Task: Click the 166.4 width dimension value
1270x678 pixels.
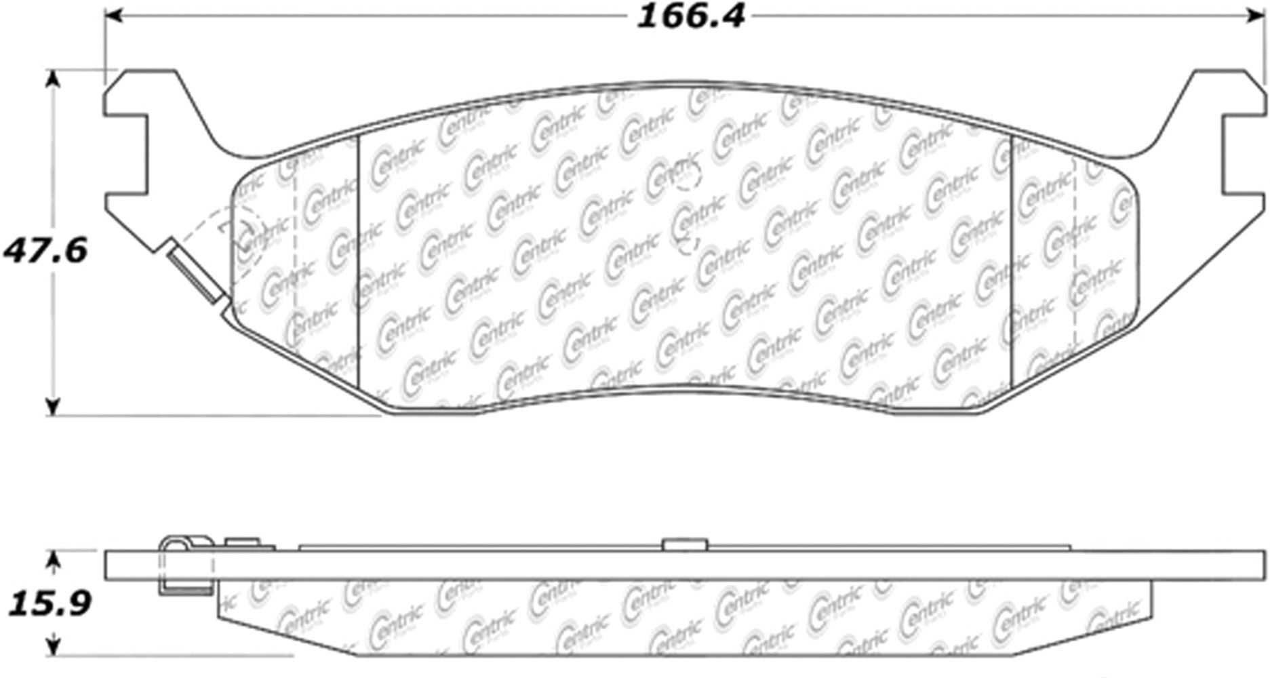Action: click(690, 16)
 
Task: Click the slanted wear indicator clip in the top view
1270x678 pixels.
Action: click(196, 272)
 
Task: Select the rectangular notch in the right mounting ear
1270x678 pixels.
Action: click(1244, 153)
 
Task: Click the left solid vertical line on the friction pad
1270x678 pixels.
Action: click(357, 264)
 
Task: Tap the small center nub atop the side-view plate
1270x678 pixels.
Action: click(684, 544)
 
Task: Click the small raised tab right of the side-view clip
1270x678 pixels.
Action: click(242, 542)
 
